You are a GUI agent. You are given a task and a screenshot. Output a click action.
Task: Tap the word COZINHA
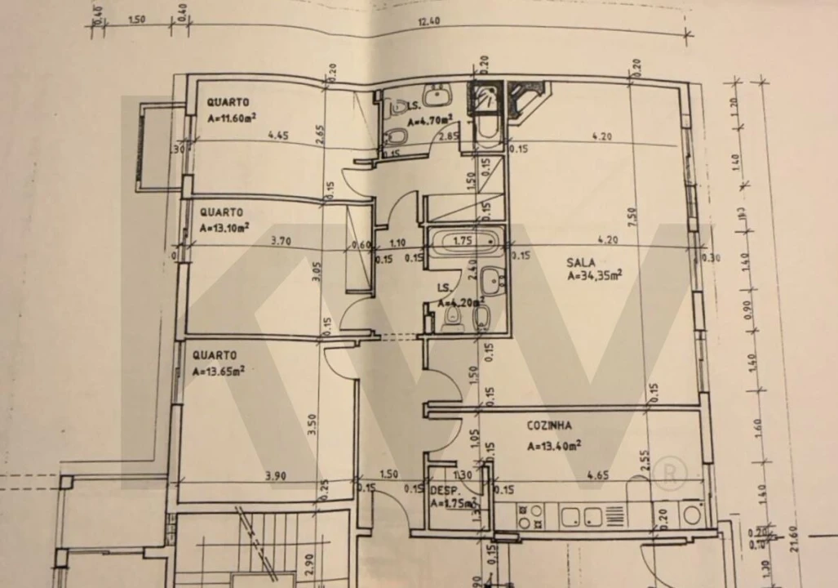548,425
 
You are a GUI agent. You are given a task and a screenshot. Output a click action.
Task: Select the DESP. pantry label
442,490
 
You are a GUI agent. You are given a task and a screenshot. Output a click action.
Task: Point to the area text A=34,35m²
595,276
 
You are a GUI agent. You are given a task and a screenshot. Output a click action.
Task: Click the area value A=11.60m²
233,118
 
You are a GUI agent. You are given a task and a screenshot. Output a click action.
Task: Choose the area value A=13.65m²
219,371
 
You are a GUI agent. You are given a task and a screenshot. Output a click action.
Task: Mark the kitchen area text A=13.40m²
554,446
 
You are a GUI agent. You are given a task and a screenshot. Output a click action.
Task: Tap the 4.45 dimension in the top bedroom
278,136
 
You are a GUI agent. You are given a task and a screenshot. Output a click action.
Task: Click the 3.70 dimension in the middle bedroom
270,241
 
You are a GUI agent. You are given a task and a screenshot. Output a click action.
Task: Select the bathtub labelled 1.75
463,242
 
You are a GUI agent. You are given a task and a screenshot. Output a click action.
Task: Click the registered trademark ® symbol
672,473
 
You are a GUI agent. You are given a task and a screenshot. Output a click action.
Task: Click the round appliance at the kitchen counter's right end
692,514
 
